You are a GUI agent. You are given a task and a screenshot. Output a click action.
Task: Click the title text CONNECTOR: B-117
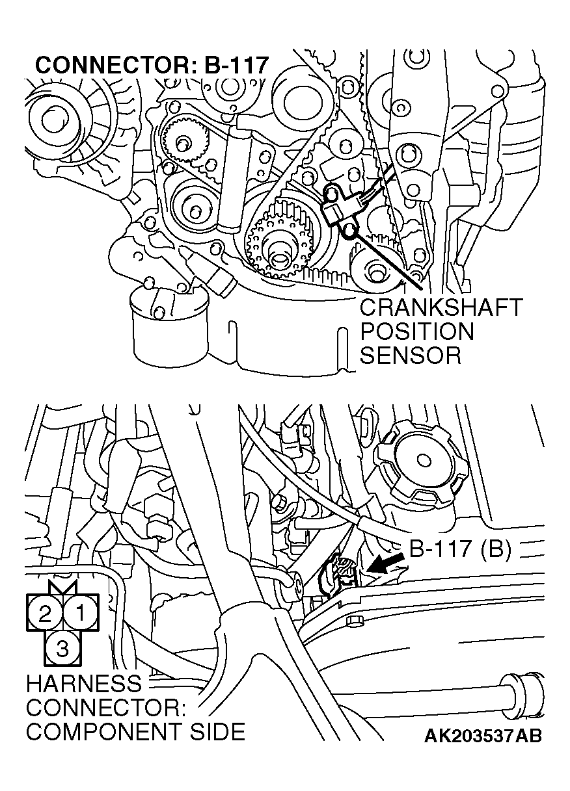pyautogui.click(x=152, y=66)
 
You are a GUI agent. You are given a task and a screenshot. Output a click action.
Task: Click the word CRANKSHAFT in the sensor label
pyautogui.click(x=441, y=307)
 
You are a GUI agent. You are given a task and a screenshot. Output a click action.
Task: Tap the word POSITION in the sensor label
pyautogui.click(x=417, y=331)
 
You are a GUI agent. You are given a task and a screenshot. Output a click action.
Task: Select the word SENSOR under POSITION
pyautogui.click(x=411, y=356)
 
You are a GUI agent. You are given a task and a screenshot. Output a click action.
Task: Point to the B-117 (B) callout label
pyautogui.click(x=460, y=549)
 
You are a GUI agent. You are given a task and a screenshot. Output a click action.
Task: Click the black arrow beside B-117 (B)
pyautogui.click(x=386, y=562)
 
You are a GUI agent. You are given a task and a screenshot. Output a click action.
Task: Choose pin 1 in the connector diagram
pyautogui.click(x=81, y=612)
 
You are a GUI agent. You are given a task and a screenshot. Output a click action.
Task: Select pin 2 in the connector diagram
pyautogui.click(x=45, y=612)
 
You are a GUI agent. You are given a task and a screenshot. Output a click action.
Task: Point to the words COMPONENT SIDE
pyautogui.click(x=135, y=731)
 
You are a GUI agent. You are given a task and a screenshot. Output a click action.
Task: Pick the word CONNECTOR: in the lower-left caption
pyautogui.click(x=106, y=707)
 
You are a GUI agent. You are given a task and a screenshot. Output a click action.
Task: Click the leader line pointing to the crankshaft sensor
pyautogui.click(x=386, y=261)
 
